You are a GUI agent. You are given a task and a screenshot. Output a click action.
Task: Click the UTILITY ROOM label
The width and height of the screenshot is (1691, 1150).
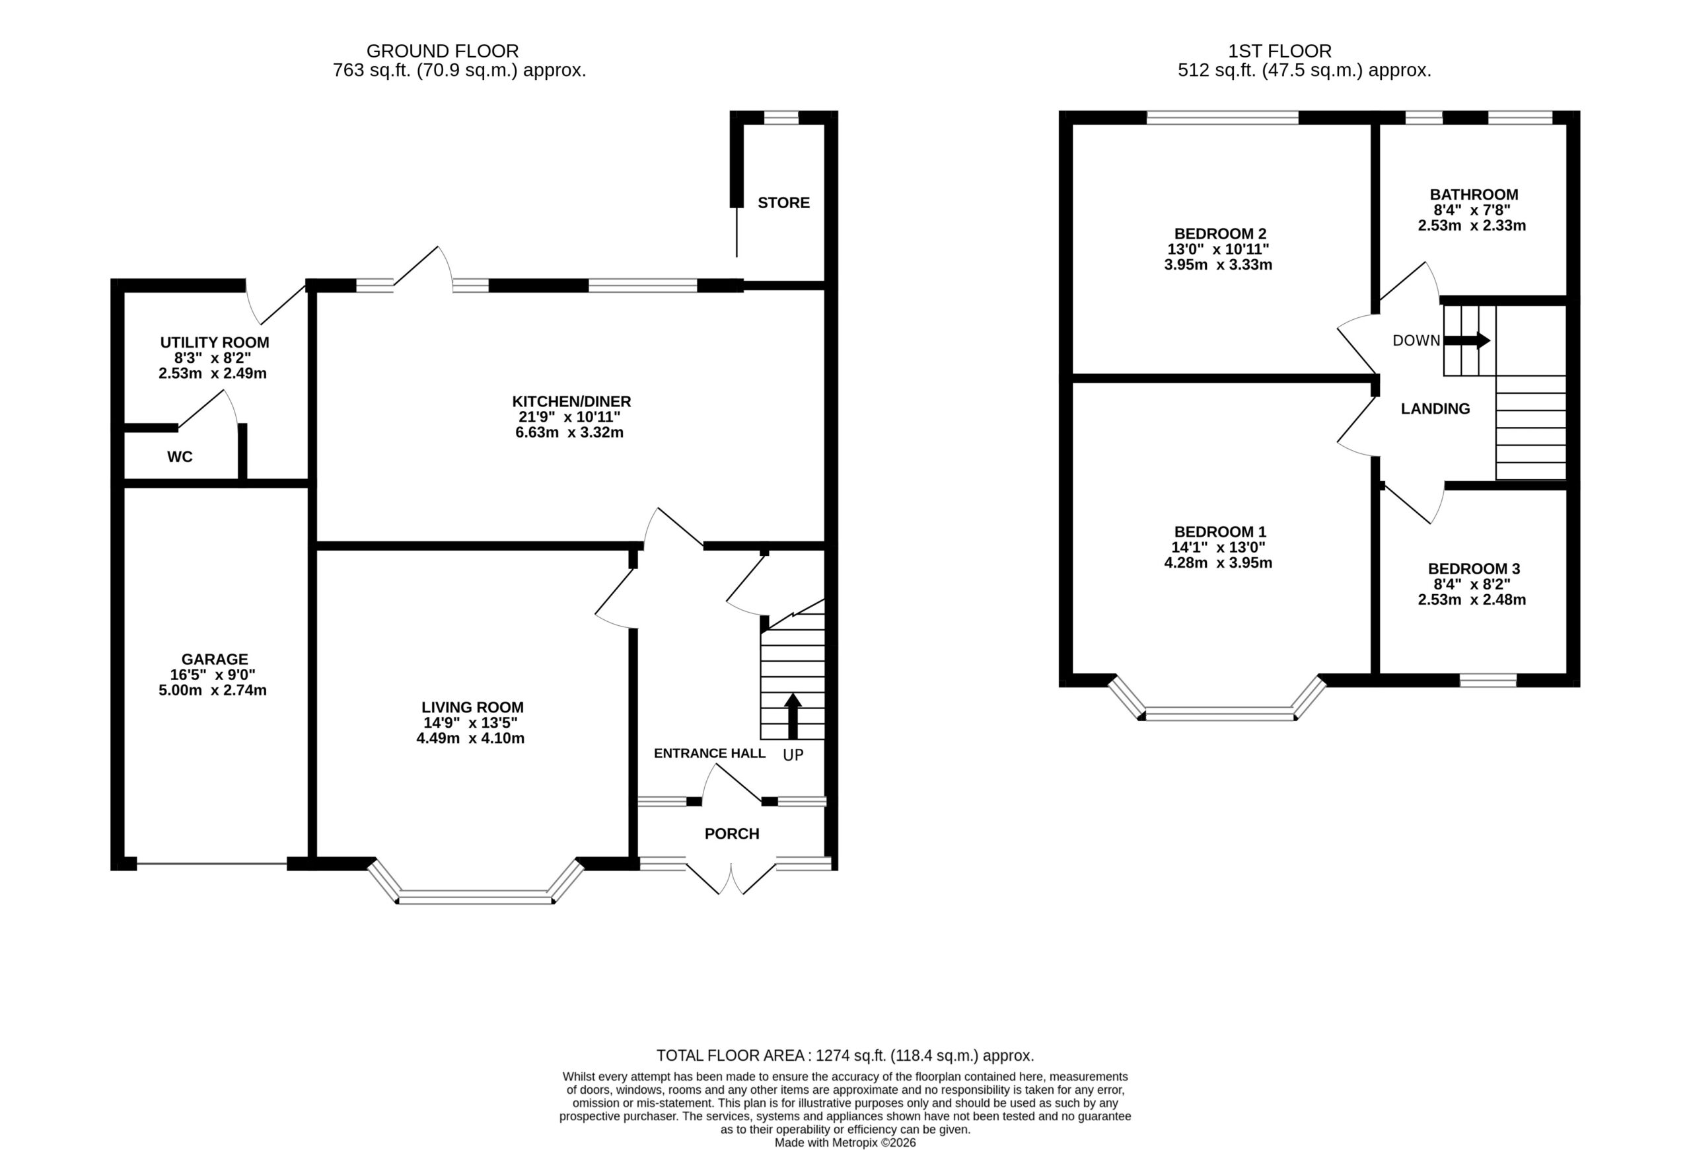(215, 342)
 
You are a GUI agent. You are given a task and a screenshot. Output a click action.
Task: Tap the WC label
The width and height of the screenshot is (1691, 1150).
(180, 457)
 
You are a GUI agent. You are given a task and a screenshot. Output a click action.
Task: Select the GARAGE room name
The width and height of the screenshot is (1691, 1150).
(215, 660)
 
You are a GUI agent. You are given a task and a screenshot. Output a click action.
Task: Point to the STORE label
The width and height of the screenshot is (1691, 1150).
(783, 203)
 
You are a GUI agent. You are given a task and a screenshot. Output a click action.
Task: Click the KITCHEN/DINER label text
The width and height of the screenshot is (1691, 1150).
(571, 402)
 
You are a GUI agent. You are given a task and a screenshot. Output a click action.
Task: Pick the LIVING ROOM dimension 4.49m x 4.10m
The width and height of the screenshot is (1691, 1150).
(470, 738)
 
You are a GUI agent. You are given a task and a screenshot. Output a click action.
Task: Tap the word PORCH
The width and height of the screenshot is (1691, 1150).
(732, 834)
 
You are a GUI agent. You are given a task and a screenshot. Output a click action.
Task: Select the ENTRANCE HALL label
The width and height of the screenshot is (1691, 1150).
(709, 753)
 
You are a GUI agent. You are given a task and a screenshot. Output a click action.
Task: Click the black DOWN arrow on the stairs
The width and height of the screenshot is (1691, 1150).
(1467, 340)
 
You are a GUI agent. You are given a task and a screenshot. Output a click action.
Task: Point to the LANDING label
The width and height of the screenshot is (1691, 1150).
(1435, 409)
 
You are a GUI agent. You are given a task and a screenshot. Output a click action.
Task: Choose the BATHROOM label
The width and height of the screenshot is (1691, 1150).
(1474, 195)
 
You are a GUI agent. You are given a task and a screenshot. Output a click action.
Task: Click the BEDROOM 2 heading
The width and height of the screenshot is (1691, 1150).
(1220, 234)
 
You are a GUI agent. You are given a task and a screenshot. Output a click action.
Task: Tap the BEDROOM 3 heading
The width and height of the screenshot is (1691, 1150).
(1474, 568)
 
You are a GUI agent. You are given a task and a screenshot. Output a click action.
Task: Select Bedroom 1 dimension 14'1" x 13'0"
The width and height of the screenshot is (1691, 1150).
(1219, 547)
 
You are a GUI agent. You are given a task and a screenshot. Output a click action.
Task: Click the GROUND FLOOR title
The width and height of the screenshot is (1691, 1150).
(443, 51)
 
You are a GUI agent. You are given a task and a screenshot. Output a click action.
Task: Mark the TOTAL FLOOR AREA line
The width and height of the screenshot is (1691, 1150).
(845, 1055)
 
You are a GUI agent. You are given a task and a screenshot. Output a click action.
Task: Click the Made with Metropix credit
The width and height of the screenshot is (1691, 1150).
(845, 1143)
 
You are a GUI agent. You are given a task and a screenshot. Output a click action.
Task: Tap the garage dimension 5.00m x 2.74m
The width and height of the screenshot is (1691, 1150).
(213, 691)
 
